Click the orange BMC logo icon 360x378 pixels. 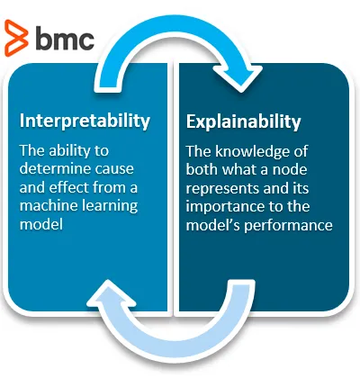click(16, 38)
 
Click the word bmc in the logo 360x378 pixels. click(65, 38)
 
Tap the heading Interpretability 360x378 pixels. click(85, 121)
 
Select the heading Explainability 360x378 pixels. click(243, 122)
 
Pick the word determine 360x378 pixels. click(52, 168)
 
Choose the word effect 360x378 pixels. click(69, 187)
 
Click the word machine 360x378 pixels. click(46, 205)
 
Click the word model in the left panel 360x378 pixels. click(41, 224)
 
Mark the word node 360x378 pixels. click(290, 170)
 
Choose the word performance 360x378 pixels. click(288, 226)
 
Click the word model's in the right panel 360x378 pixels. click(213, 225)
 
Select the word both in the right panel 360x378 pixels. click(202, 170)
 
